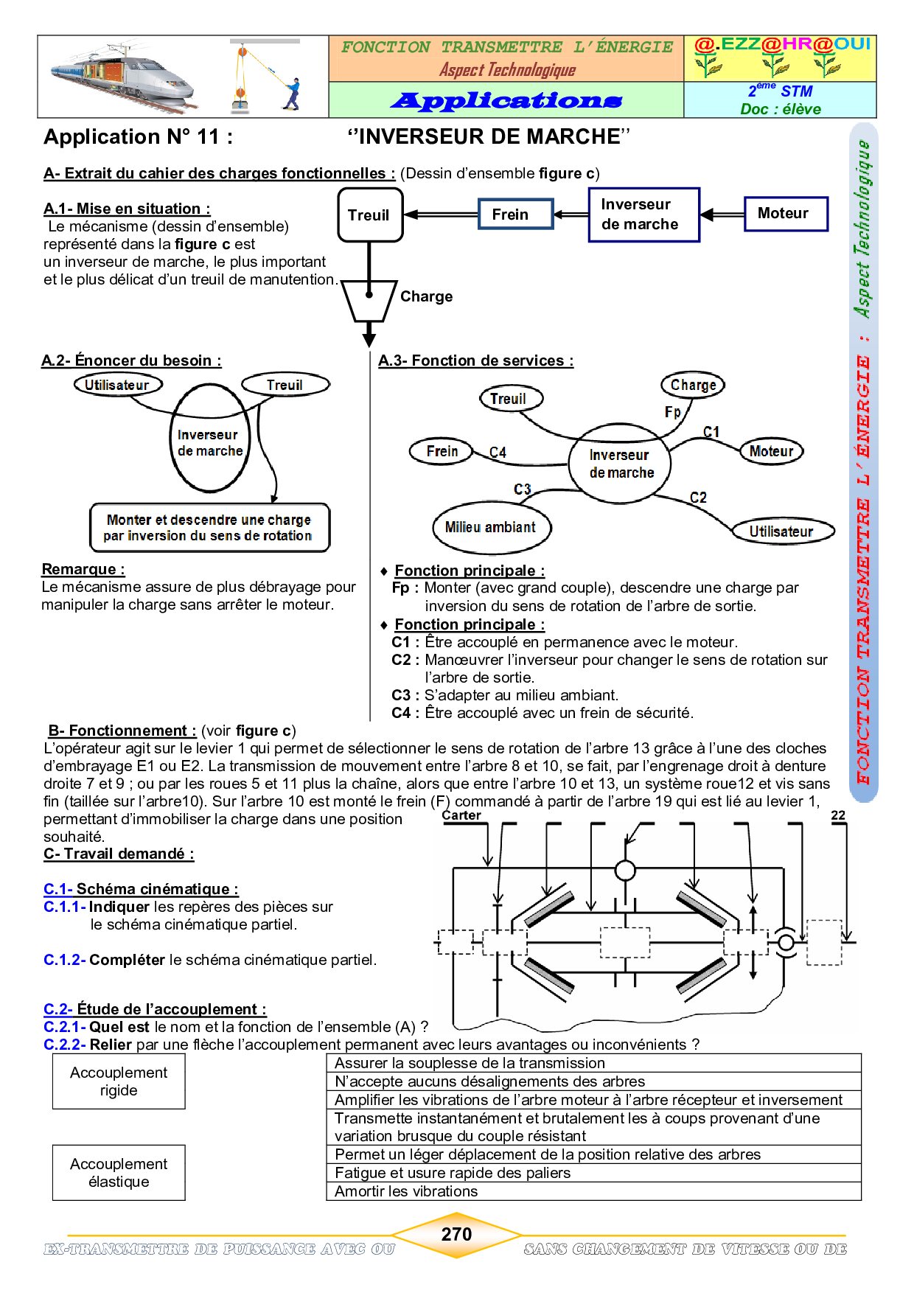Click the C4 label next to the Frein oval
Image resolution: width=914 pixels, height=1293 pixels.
tap(498, 452)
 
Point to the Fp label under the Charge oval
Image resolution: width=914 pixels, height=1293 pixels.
tap(673, 412)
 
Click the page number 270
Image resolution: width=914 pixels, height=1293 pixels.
tap(456, 1234)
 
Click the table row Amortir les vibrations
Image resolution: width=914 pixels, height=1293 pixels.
tap(593, 1191)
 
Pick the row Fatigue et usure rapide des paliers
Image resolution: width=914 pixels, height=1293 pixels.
tap(593, 1173)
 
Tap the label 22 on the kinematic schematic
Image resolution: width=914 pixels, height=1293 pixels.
tap(838, 815)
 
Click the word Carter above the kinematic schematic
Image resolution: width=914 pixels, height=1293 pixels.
tap(461, 815)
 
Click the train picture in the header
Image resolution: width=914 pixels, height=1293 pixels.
tap(123, 79)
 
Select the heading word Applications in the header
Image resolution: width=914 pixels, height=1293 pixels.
tap(506, 100)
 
